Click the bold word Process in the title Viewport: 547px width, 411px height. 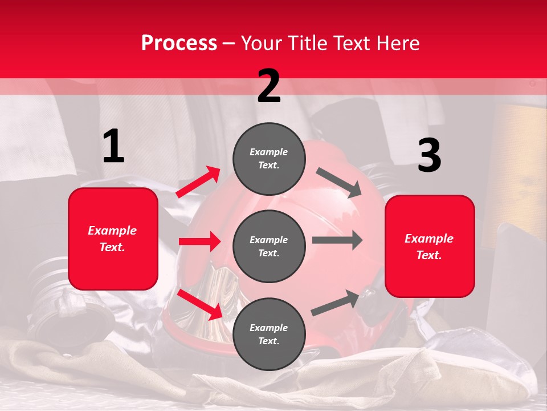(x=179, y=43)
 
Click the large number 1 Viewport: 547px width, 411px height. (x=113, y=146)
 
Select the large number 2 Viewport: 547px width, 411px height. (x=269, y=86)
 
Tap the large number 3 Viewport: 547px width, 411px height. (x=429, y=155)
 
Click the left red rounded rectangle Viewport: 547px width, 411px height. (x=113, y=239)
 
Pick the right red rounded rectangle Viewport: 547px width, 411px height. (x=430, y=246)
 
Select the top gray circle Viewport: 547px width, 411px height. (x=269, y=159)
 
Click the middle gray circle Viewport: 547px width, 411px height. (x=269, y=246)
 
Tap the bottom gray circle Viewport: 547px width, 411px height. (x=269, y=334)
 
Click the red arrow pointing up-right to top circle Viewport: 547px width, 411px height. (x=198, y=182)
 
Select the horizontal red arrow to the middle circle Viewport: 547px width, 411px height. (x=199, y=241)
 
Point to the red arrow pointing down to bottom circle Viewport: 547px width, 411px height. (x=200, y=305)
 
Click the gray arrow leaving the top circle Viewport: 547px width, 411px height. (x=338, y=183)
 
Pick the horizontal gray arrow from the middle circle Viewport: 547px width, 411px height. (x=337, y=240)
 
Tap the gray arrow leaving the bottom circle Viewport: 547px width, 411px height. (x=336, y=303)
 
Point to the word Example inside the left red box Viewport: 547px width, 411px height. (x=113, y=231)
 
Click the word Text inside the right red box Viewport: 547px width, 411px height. (x=429, y=255)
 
